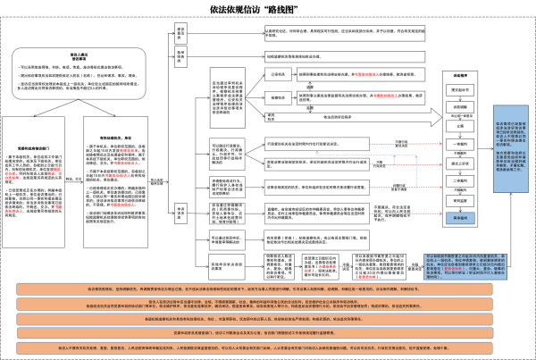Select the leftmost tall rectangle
point(33,181)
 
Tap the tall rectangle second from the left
point(115,181)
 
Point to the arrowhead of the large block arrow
point(436,117)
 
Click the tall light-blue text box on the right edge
point(510,148)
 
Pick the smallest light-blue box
point(460,218)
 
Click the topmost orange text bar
point(266,289)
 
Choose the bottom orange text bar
point(266,347)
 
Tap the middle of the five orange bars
point(266,319)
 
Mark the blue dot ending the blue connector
point(316,154)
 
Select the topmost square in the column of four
point(227,154)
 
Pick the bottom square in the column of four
point(227,240)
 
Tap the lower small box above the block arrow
point(278,97)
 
